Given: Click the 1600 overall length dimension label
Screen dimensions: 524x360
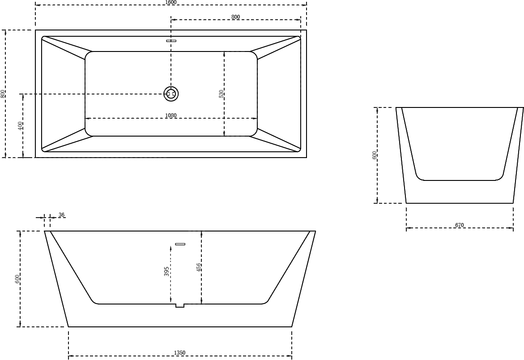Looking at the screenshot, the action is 171,2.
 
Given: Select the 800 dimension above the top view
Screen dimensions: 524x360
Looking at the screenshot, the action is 236,17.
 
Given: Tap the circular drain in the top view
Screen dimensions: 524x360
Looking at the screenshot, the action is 171,94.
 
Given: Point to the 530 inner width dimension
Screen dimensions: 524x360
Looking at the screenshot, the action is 221,94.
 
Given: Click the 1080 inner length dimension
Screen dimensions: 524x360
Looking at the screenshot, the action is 171,116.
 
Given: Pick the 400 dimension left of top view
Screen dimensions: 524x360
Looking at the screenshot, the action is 21,126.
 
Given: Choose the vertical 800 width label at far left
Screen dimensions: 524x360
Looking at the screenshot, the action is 3,94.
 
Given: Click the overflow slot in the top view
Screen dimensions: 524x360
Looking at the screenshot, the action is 171,41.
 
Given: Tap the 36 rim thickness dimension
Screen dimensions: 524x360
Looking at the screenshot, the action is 61,215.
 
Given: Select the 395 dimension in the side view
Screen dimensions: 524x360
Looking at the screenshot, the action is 166,271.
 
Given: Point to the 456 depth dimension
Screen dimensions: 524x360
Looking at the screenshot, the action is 199,267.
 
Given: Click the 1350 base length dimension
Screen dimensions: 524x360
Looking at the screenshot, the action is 180,353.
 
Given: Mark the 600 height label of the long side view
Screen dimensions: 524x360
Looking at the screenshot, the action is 18,279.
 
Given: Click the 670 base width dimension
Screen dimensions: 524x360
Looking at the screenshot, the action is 460,225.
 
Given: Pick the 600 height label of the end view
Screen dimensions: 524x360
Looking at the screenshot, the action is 374,155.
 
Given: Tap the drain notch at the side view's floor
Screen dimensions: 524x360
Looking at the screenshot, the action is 180,305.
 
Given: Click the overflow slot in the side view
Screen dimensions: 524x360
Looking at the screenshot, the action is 180,244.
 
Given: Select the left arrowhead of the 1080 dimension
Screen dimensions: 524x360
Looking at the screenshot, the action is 87,118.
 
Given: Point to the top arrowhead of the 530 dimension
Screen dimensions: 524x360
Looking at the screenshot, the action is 224,53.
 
